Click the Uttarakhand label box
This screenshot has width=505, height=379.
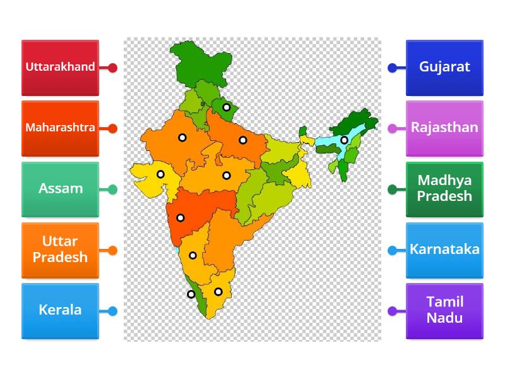pyautogui.click(x=60, y=68)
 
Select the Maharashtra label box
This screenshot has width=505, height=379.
pyautogui.click(x=60, y=128)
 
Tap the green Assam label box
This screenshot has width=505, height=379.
pyautogui.click(x=60, y=189)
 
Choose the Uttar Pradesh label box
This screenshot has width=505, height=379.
pyautogui.click(x=60, y=250)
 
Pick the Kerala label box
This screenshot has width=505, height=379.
pyautogui.click(x=60, y=310)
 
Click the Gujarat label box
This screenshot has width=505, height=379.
pyautogui.click(x=444, y=68)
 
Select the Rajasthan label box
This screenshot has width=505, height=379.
pyautogui.click(x=444, y=128)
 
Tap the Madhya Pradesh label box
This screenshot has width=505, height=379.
pyautogui.click(x=444, y=189)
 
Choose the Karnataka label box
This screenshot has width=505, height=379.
pyautogui.click(x=444, y=250)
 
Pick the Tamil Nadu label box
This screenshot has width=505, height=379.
pyautogui.click(x=444, y=310)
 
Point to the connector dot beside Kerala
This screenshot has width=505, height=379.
pyautogui.click(x=112, y=311)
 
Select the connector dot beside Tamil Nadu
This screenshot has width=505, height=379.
pyautogui.click(x=392, y=311)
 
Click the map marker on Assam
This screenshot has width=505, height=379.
pyautogui.click(x=344, y=140)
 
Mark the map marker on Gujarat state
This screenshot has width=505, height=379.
pyautogui.click(x=160, y=174)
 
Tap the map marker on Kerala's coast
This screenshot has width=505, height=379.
pyautogui.click(x=191, y=294)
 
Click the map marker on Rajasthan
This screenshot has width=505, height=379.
pyautogui.click(x=182, y=137)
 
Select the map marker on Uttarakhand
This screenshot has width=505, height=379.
pyautogui.click(x=226, y=107)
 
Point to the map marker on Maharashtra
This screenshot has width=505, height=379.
pyautogui.click(x=181, y=218)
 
